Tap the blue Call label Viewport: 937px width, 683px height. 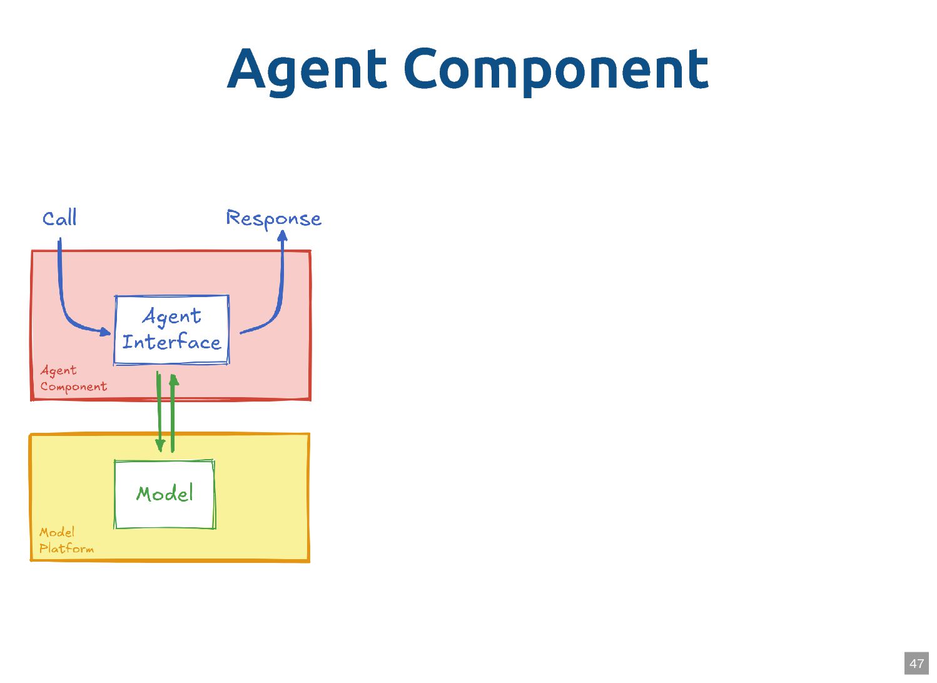pyautogui.click(x=59, y=218)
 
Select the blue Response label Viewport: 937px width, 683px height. pyautogui.click(x=273, y=218)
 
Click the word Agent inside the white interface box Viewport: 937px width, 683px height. pyautogui.click(x=172, y=316)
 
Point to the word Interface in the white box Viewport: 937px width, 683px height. pyautogui.click(x=171, y=342)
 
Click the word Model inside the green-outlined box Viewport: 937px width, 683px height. pyautogui.click(x=165, y=493)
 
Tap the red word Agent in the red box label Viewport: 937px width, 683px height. pyautogui.click(x=58, y=370)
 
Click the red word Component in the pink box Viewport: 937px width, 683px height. pyautogui.click(x=73, y=387)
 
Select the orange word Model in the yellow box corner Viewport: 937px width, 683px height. pyautogui.click(x=57, y=532)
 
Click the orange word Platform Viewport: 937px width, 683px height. pyautogui.click(x=66, y=549)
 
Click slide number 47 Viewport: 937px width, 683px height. pyautogui.click(x=916, y=664)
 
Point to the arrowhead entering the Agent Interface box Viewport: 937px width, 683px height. pyautogui.click(x=106, y=331)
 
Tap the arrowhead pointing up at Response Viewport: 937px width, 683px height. pyautogui.click(x=282, y=236)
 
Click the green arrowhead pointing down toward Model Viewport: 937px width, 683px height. pyautogui.click(x=160, y=445)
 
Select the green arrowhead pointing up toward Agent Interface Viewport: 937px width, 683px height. pyautogui.click(x=173, y=379)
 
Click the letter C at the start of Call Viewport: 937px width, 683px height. pyautogui.click(x=48, y=219)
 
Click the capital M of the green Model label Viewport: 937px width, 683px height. pyautogui.click(x=145, y=493)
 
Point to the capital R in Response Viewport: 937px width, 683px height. pyautogui.click(x=233, y=217)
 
